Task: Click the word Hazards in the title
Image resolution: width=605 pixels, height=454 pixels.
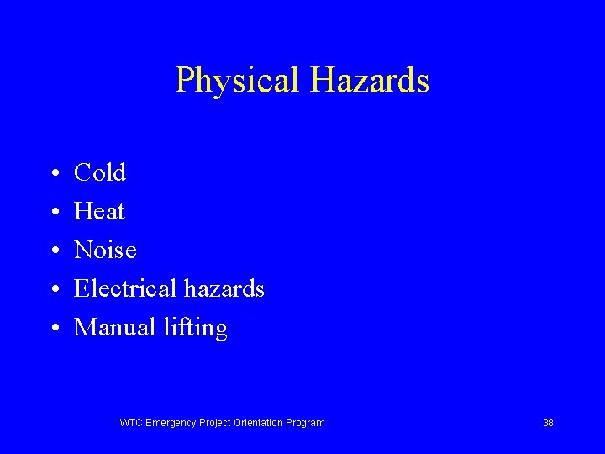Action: coord(370,81)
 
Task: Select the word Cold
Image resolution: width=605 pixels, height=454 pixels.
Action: coord(100,172)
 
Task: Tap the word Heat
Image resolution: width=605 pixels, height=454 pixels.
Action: coord(99,211)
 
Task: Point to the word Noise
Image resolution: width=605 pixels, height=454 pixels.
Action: coord(105,250)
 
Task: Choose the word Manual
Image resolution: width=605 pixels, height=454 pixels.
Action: coord(113,327)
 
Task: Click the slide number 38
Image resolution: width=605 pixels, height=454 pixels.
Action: coord(548,423)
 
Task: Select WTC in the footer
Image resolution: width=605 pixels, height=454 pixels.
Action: coord(131,423)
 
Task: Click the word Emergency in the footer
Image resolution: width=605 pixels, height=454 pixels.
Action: coord(171,423)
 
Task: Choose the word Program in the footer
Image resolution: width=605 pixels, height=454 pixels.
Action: coord(307,423)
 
